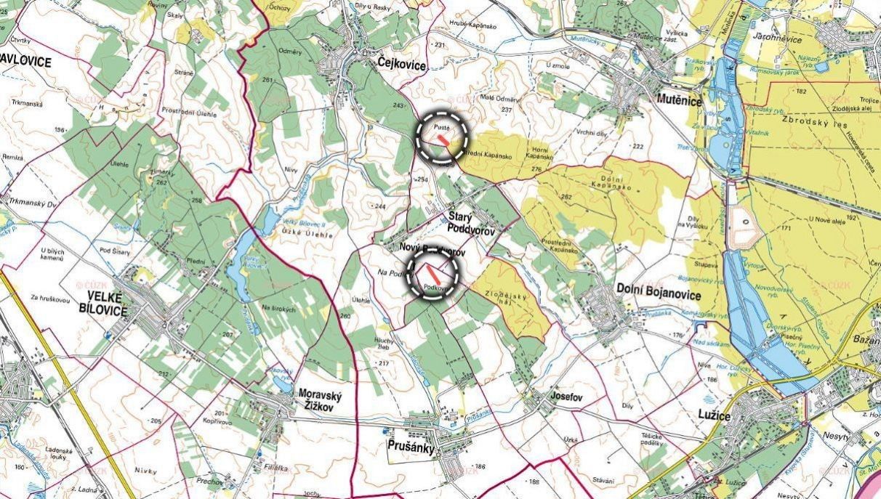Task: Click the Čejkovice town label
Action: pos(402,65)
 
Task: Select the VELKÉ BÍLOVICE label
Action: pos(107,304)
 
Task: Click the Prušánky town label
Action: pos(411,448)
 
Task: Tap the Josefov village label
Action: pos(568,397)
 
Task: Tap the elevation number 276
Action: pos(537,170)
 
